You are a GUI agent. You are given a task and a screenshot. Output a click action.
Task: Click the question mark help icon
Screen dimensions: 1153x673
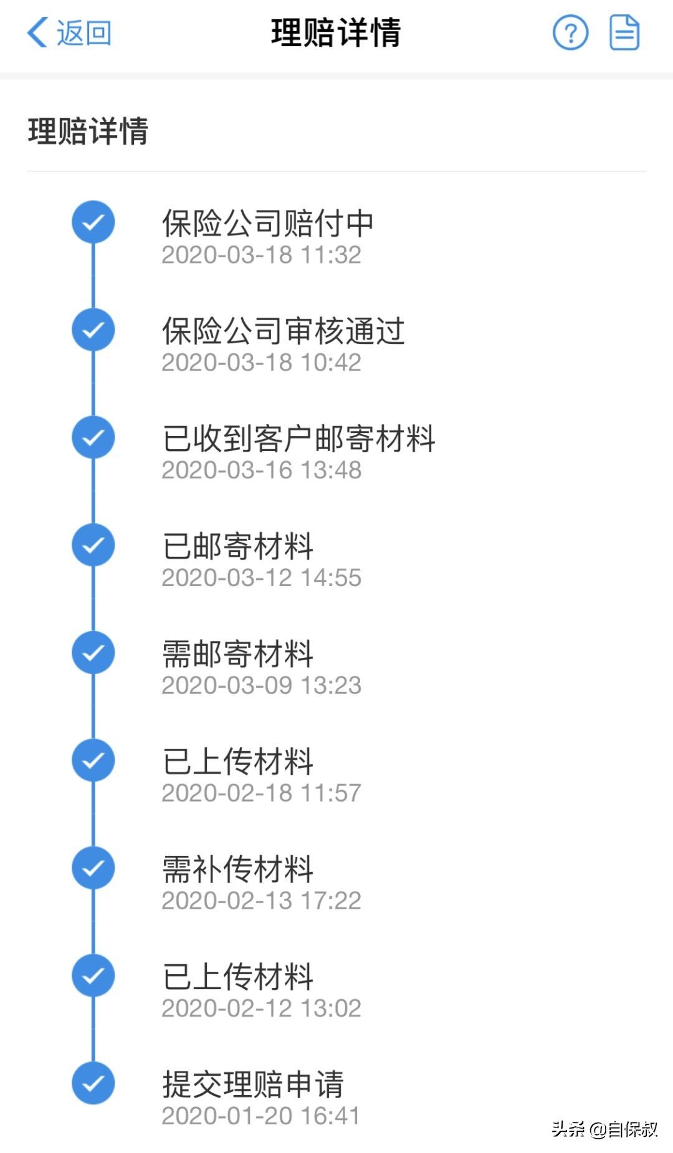(570, 33)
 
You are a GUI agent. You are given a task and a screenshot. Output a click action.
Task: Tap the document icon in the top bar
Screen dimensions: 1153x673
(624, 33)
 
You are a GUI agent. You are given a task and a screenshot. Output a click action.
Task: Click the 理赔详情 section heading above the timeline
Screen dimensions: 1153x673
(88, 131)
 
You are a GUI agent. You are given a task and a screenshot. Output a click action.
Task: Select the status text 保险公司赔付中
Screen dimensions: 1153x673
(267, 223)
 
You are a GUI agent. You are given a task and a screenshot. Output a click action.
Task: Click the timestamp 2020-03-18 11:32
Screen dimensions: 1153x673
(261, 255)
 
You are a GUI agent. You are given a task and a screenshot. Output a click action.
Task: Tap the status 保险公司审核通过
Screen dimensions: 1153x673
(283, 331)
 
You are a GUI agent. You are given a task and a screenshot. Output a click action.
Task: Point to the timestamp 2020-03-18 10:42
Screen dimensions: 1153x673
(261, 363)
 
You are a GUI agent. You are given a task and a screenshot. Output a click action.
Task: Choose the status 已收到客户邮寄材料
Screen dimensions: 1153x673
(298, 439)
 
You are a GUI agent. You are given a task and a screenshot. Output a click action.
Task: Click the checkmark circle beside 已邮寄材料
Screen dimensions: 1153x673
(93, 545)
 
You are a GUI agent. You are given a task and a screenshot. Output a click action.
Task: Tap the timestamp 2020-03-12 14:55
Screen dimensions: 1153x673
(261, 578)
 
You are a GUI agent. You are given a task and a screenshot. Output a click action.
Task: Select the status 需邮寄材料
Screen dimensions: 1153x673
(237, 654)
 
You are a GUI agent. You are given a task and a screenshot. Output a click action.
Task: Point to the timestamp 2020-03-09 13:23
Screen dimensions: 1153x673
(261, 686)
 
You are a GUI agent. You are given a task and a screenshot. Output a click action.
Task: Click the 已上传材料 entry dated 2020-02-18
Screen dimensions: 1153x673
(237, 762)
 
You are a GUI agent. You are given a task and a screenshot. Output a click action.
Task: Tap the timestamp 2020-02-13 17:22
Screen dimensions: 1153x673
(261, 901)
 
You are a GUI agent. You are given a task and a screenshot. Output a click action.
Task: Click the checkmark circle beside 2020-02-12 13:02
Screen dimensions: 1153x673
(93, 975)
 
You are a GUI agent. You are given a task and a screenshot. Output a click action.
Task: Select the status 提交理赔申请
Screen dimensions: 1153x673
(252, 1084)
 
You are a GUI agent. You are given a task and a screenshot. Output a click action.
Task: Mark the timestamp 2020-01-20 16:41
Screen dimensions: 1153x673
(260, 1116)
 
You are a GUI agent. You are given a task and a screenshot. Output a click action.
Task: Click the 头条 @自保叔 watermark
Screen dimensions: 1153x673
(604, 1129)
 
